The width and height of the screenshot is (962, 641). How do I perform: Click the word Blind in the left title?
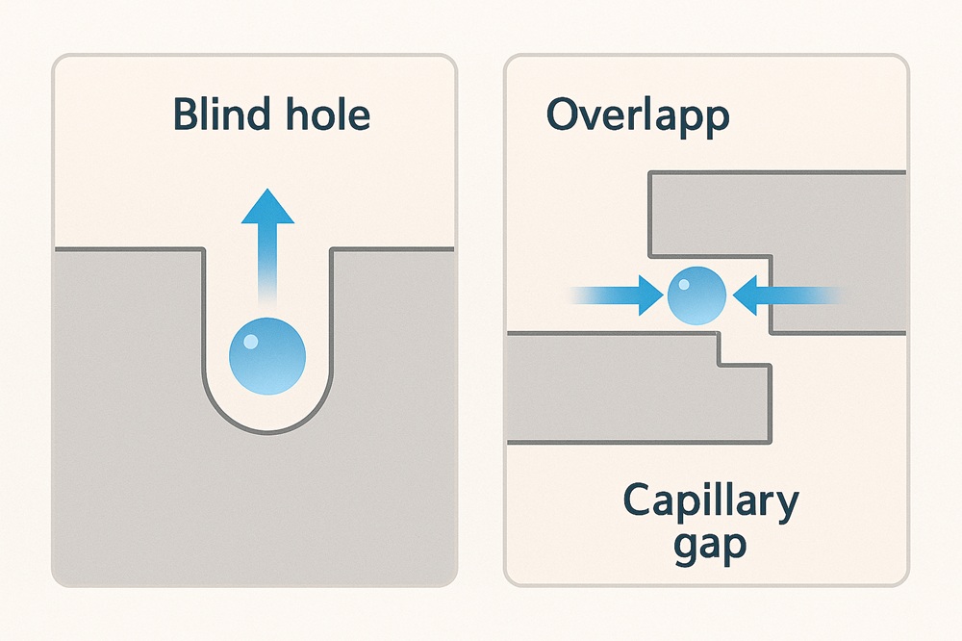(212, 115)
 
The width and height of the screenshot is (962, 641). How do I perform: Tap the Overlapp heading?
(637, 115)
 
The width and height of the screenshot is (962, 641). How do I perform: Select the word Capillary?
(710, 502)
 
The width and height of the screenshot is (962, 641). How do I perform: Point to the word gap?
(709, 546)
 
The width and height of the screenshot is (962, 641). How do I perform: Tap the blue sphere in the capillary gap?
(695, 295)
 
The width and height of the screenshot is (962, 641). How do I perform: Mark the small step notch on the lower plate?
(720, 352)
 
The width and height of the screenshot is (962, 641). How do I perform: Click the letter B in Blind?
(184, 115)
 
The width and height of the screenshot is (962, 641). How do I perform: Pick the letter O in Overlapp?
(564, 115)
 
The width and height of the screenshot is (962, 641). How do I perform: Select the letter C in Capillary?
(639, 502)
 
